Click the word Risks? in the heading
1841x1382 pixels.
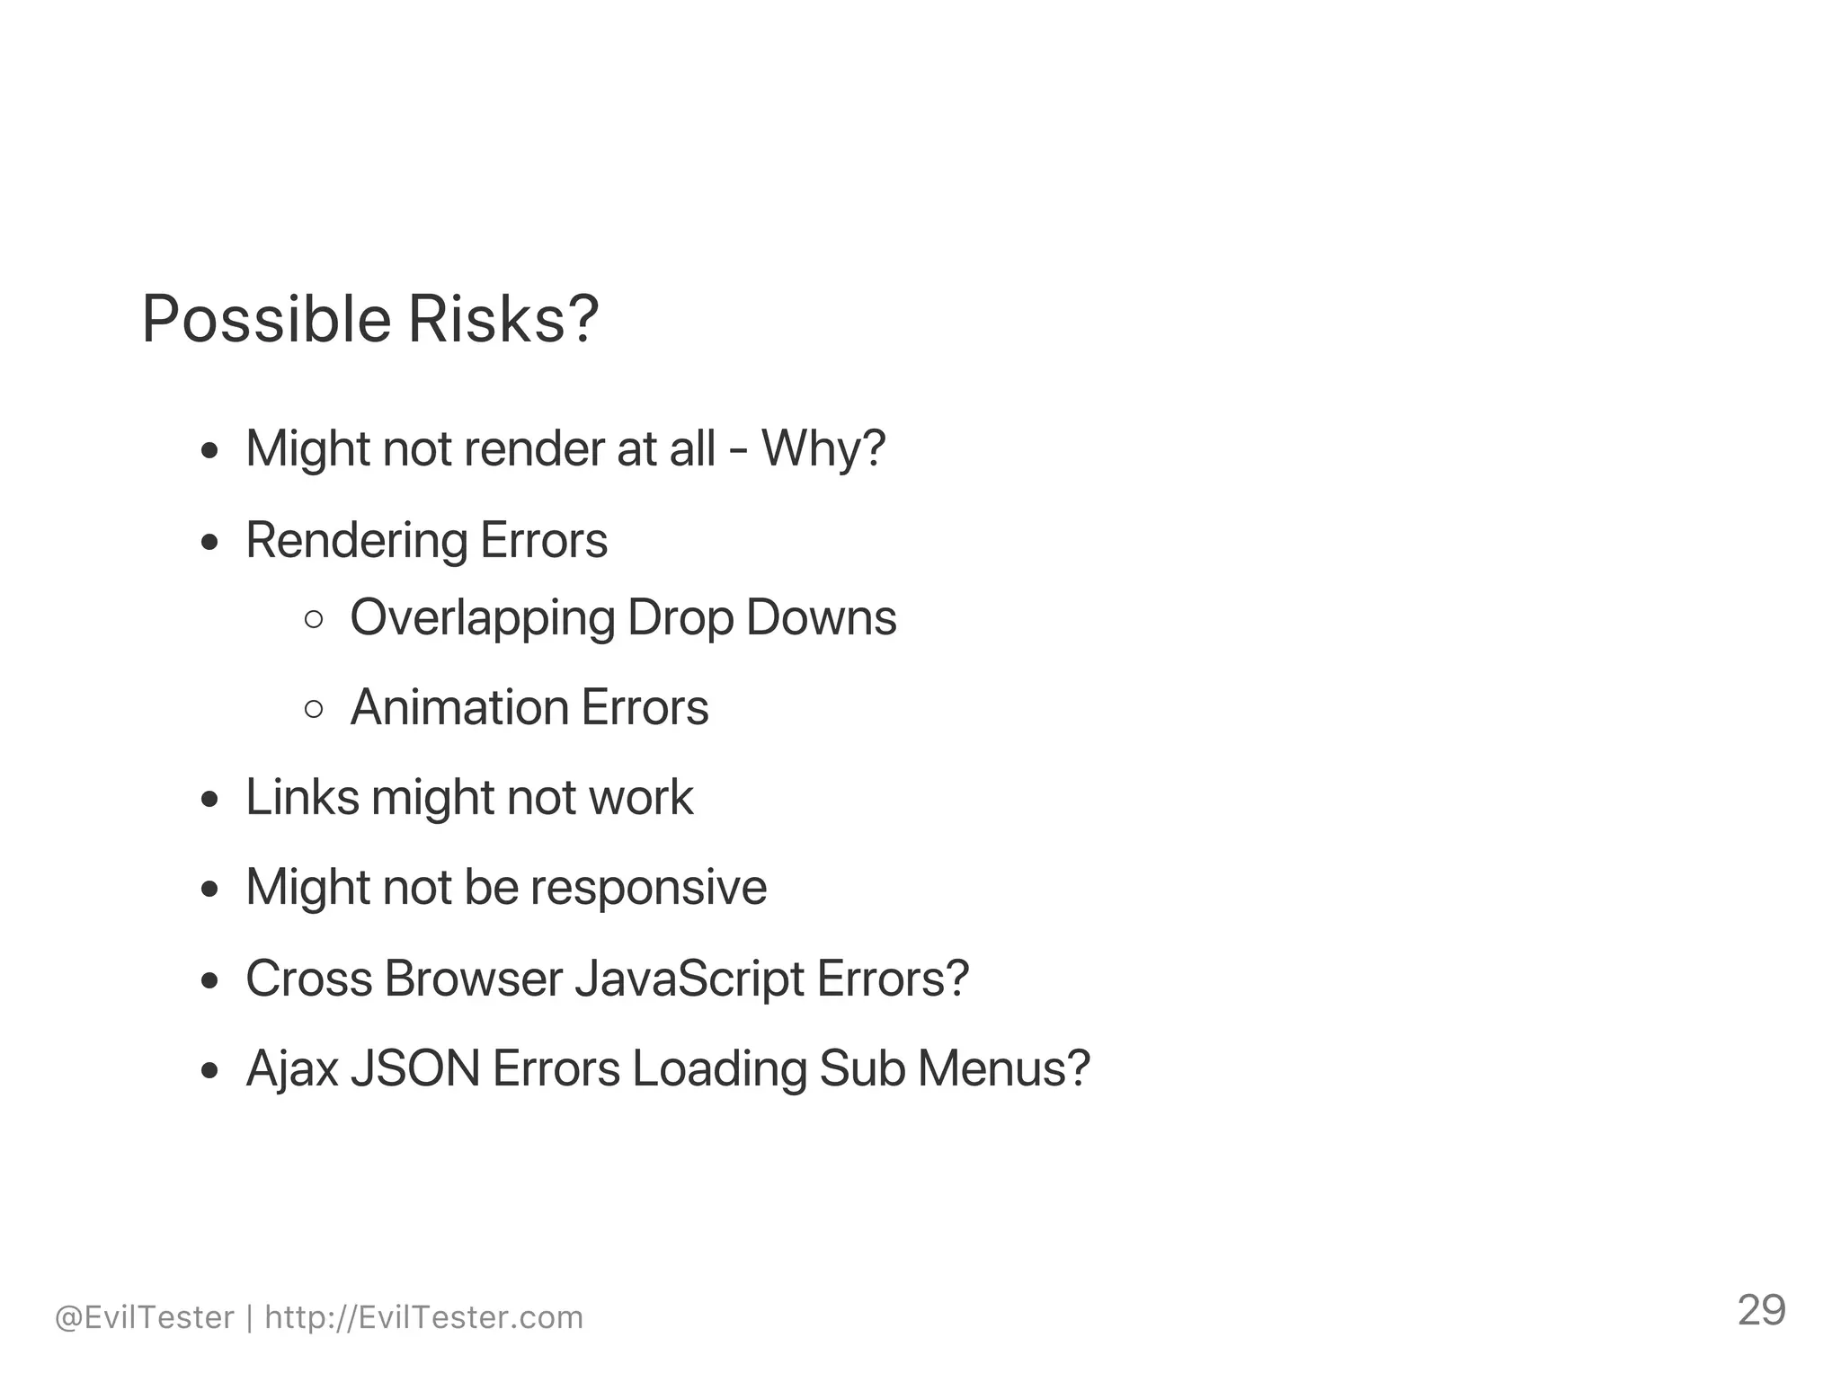point(503,319)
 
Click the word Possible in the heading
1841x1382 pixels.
point(267,321)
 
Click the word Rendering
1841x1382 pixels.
point(357,542)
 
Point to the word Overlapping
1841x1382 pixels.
point(483,619)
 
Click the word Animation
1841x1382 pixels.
point(459,707)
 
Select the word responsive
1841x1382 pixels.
point(648,888)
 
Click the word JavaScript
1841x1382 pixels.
point(689,979)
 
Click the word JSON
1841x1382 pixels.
point(415,1068)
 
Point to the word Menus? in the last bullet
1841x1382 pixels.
point(1003,1068)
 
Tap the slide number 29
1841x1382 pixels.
point(1761,1311)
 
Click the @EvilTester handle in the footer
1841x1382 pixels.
point(144,1317)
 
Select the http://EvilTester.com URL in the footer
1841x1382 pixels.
point(424,1317)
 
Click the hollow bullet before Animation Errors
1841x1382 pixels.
point(314,709)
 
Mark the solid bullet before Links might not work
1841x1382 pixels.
point(210,799)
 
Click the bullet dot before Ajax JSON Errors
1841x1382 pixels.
point(210,1070)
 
